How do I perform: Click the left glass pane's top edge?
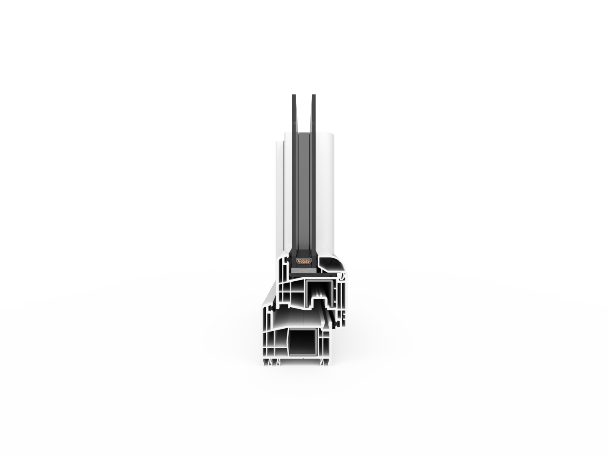click(294, 96)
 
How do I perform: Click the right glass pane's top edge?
click(313, 96)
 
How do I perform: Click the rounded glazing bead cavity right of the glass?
click(330, 265)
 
